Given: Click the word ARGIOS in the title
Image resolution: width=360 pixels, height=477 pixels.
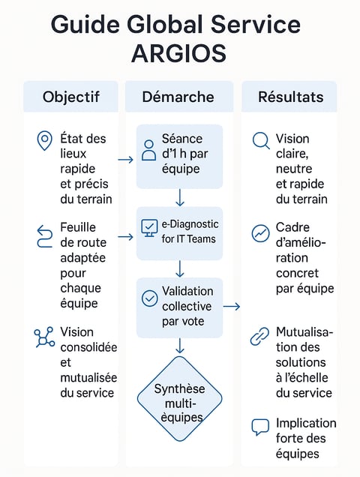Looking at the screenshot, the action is coord(179,53).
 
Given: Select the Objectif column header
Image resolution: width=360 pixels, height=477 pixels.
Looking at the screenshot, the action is coord(71,97).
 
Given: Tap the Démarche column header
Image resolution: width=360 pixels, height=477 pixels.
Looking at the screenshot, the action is coord(178,97).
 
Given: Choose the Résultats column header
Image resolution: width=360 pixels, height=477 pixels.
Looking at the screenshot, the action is coord(290,97).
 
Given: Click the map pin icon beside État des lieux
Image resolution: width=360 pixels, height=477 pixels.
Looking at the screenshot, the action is coord(44,140).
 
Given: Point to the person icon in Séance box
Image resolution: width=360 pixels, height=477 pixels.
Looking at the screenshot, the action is coord(148,150).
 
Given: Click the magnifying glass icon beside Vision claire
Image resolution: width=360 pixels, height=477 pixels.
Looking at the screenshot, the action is coord(261,141).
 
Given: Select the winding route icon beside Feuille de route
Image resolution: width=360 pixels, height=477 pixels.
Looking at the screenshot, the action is coord(44,236).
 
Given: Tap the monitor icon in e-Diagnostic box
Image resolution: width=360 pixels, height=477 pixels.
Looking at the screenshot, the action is coord(149,228).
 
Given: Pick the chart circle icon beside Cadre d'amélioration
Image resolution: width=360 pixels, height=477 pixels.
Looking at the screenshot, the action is coord(260,234).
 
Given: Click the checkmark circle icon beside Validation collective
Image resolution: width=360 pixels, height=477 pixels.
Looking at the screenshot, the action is coord(150,298).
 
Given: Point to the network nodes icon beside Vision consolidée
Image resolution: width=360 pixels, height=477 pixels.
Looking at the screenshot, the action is coord(44,337).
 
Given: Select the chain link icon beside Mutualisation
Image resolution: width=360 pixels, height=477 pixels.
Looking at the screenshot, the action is coord(259,336).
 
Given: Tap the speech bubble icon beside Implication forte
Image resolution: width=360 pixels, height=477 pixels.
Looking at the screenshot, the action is coord(260,427).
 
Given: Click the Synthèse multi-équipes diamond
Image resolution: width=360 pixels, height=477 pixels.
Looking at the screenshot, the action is coord(179,399).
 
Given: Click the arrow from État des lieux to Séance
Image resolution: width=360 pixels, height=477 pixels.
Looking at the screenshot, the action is coord(126,160).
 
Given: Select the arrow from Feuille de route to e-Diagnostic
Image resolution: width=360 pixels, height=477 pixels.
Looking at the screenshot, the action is coord(126,237).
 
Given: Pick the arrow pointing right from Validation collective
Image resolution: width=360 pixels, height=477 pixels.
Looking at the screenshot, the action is coord(232,306).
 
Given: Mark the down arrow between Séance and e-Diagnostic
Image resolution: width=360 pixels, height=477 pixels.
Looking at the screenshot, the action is coord(180,197).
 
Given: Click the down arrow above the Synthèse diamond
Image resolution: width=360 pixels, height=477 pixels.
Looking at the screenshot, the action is coord(180,345).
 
